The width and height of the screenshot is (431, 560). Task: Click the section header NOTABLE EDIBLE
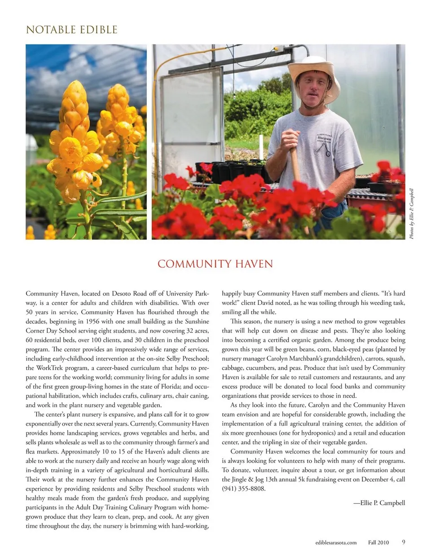click(x=72, y=30)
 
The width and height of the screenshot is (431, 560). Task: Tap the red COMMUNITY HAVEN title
click(x=215, y=264)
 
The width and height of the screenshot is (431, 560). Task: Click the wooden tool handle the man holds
click(x=295, y=162)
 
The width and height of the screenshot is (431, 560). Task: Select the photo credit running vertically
click(x=411, y=213)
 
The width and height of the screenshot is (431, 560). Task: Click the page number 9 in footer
click(x=404, y=542)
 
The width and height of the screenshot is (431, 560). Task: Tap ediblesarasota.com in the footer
click(x=336, y=542)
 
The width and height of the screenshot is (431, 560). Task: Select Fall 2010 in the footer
click(x=378, y=542)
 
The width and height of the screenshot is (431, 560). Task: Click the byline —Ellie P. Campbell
click(x=379, y=503)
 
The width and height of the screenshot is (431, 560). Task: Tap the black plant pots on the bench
click(x=233, y=170)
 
